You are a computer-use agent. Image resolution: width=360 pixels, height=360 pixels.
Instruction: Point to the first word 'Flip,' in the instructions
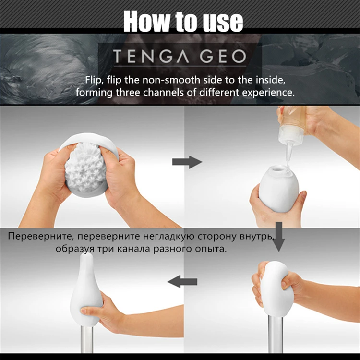95,79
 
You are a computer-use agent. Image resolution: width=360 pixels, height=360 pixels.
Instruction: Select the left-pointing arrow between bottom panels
184,281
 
